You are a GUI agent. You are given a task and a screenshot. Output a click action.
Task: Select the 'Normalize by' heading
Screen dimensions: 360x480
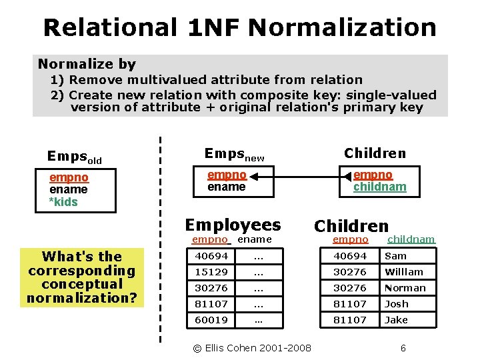(87, 64)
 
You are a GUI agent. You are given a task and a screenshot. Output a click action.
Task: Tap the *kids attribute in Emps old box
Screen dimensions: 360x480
(63, 201)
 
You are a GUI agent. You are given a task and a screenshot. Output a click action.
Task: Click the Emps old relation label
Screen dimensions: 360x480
(74, 157)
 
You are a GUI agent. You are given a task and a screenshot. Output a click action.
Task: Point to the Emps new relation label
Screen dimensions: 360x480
(234, 154)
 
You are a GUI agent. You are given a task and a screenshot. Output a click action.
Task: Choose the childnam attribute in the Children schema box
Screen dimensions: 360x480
(379, 187)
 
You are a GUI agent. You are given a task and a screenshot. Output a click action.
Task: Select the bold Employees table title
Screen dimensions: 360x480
(233, 225)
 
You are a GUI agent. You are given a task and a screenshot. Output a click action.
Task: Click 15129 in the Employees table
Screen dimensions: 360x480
(211, 272)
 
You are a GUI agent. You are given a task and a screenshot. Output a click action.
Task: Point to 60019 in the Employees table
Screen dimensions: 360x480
(211, 320)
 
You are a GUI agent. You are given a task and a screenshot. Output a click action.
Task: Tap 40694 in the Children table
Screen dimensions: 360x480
(350, 256)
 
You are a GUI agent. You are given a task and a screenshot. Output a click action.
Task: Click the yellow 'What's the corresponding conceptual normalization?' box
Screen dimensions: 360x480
(81, 277)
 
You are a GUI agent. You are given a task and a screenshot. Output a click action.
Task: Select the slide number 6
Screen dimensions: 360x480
(403, 348)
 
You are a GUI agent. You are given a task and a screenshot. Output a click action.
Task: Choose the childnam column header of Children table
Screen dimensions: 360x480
(411, 239)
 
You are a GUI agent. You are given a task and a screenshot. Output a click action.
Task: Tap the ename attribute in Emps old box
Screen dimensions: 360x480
(68, 189)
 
